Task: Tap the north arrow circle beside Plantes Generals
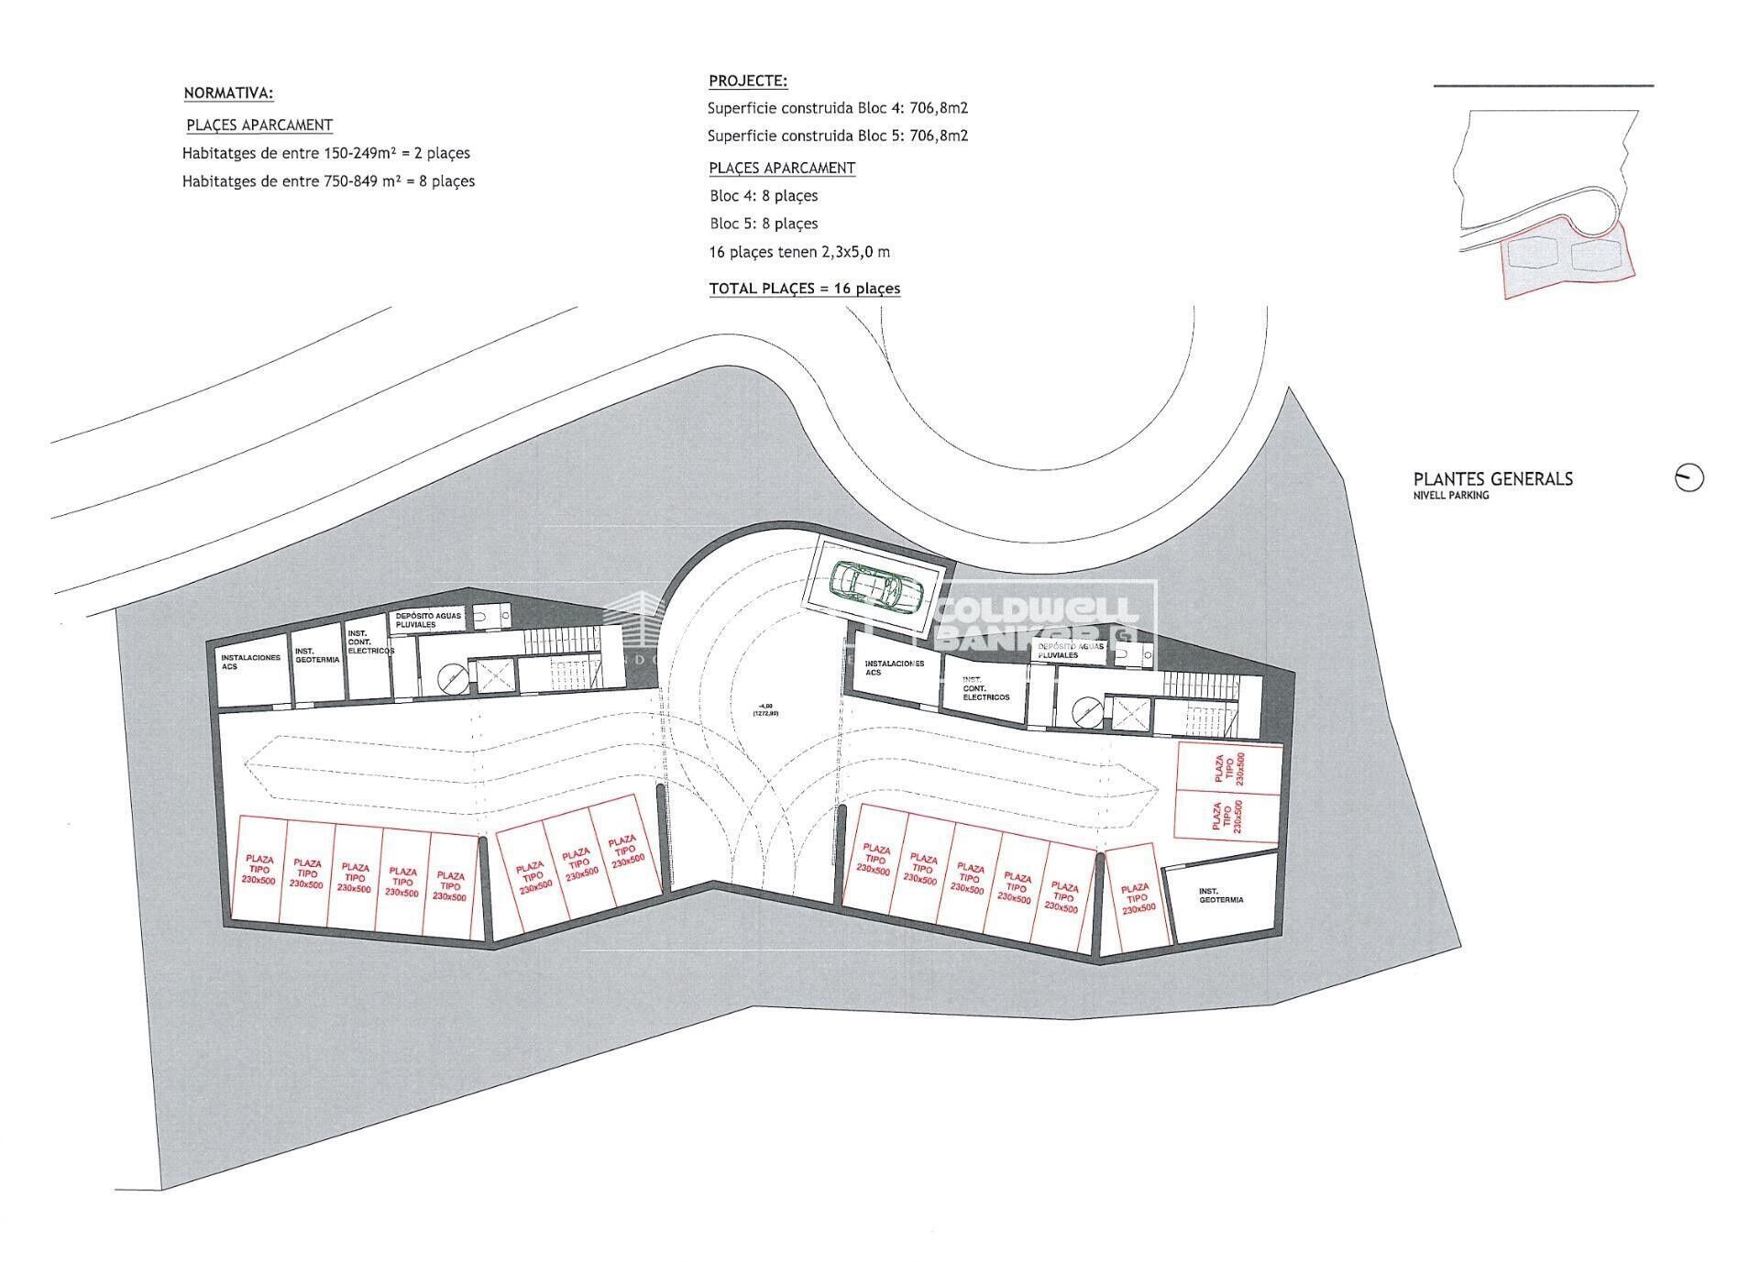1688,477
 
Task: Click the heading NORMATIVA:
228,93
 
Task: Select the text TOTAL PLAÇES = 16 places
804,289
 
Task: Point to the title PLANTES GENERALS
1492,478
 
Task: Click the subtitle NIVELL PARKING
1450,496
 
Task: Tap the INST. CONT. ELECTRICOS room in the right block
985,689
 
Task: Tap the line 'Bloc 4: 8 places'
763,196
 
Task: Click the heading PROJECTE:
748,81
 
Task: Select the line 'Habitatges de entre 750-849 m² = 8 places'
328,181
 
